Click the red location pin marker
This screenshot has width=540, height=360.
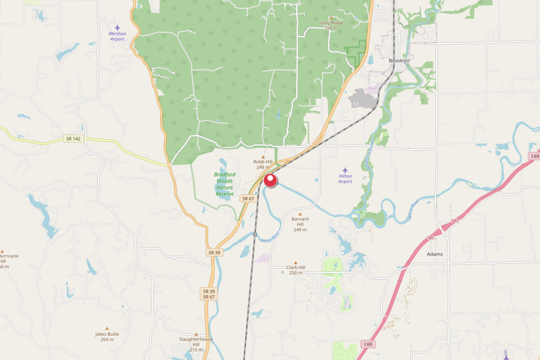click(271, 180)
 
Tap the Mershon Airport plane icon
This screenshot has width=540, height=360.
click(117, 27)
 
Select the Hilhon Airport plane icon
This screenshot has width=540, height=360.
click(345, 170)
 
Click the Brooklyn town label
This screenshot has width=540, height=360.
click(399, 61)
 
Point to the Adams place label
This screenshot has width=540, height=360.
click(435, 254)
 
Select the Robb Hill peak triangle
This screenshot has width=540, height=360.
click(263, 157)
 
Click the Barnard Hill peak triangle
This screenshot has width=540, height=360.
click(300, 213)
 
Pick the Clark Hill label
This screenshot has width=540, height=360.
click(295, 270)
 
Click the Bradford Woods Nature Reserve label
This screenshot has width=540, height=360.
click(225, 184)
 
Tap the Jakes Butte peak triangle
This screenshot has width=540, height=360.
click(107, 328)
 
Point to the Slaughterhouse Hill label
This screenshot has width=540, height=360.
click(196, 342)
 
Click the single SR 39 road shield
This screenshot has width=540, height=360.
click(214, 252)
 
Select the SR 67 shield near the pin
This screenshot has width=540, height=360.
click(248, 198)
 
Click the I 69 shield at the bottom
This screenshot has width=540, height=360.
click(368, 344)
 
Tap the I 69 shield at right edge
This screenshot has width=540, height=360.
click(534, 157)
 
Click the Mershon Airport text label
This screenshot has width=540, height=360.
click(117, 36)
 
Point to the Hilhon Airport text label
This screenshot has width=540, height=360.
click(345, 179)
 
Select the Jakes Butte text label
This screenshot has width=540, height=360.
click(107, 336)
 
